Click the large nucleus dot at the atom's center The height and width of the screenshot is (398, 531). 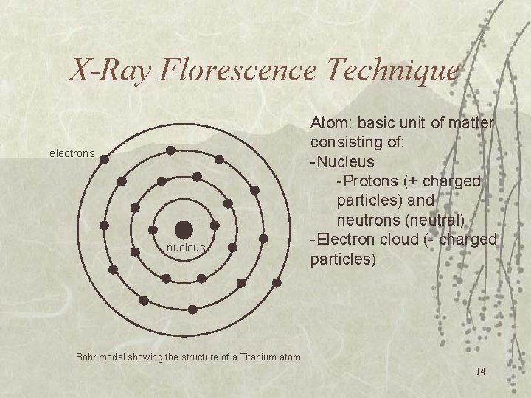[184, 229]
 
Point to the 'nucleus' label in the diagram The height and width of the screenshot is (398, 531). [185, 248]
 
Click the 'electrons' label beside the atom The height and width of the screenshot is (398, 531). [72, 154]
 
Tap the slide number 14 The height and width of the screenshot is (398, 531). [480, 371]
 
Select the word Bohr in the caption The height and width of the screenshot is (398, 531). [87, 357]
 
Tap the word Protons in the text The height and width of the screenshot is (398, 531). [367, 181]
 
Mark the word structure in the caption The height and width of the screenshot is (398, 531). [198, 357]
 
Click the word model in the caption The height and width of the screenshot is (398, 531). [114, 357]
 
